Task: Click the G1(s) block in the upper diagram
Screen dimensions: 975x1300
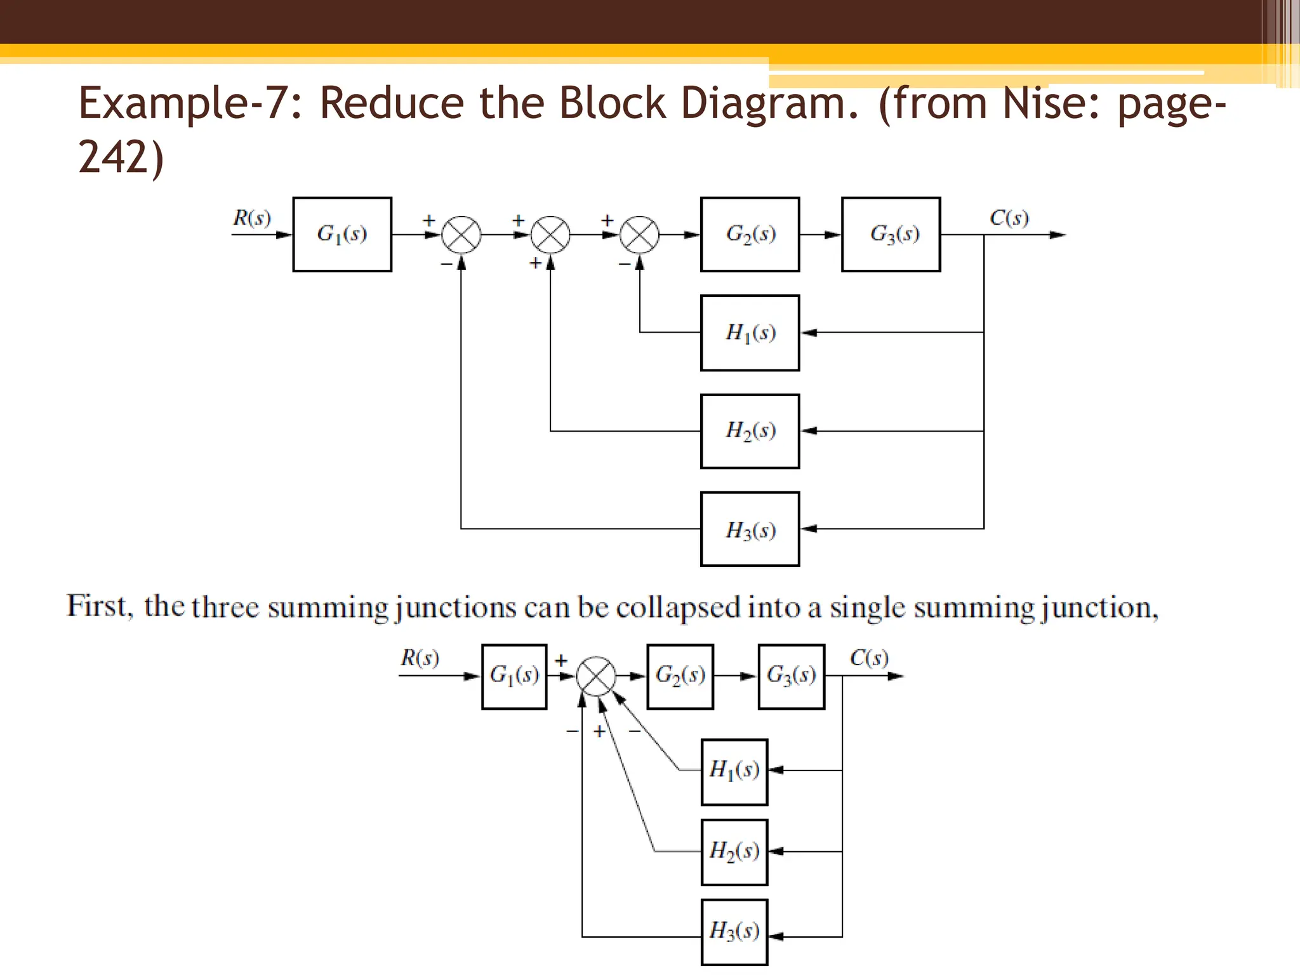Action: tap(342, 234)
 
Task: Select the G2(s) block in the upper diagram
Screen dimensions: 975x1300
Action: tap(750, 234)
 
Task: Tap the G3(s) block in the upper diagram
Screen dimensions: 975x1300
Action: tap(891, 234)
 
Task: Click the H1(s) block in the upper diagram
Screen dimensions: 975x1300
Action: tap(750, 333)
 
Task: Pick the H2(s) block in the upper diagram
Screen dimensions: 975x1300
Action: tap(750, 431)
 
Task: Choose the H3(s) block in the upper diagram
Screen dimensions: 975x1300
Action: tap(750, 529)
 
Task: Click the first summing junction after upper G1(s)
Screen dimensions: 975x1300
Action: tap(461, 235)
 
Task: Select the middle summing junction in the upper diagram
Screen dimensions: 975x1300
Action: tap(550, 235)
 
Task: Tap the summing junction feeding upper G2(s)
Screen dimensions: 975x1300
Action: tap(639, 235)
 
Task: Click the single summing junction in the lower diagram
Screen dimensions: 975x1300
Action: tap(596, 676)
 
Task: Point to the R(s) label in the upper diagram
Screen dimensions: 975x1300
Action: tap(252, 218)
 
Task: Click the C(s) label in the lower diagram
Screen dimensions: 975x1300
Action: tap(869, 658)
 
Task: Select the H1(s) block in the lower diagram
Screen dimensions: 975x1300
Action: tap(734, 771)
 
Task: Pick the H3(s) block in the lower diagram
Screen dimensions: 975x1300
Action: tap(734, 932)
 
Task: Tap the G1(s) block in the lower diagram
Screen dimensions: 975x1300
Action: tap(514, 676)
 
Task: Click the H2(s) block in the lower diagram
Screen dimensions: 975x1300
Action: tap(734, 851)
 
